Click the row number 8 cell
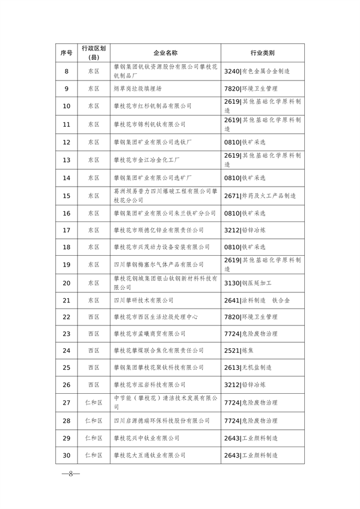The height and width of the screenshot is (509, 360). coord(67,71)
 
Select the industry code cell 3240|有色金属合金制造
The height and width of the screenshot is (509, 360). coord(257,71)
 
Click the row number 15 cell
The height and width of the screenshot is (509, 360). coord(67,196)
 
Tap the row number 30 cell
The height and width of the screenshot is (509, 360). coord(67,455)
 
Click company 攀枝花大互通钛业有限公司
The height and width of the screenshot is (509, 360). coord(149,455)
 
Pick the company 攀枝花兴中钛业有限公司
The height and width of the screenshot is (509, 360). coord(146,438)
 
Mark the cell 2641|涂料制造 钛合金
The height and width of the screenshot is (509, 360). coord(256,300)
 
